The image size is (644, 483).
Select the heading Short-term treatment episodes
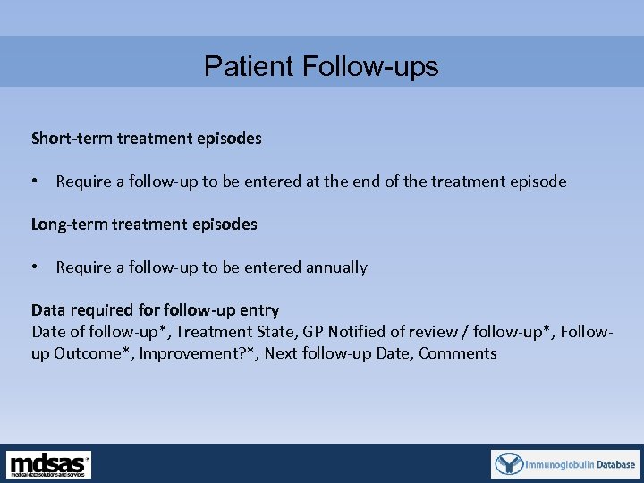(x=147, y=139)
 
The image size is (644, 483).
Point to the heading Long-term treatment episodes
(x=144, y=225)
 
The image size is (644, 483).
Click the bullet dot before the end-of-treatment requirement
(x=35, y=182)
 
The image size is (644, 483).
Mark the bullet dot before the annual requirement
(x=35, y=267)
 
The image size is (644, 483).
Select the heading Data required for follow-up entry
(x=155, y=310)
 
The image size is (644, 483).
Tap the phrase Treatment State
(x=239, y=332)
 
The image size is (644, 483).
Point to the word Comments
(x=457, y=353)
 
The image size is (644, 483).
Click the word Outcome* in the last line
(x=87, y=353)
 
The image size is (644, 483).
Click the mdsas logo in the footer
(x=49, y=464)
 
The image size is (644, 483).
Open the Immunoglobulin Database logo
(x=565, y=464)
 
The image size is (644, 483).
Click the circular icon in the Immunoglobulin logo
(x=510, y=464)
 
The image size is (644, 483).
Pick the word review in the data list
(x=436, y=332)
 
